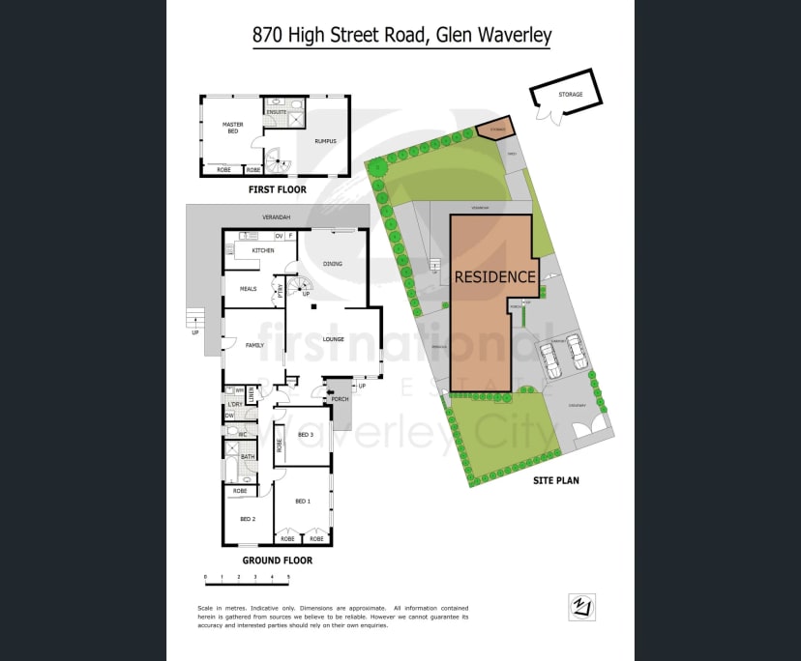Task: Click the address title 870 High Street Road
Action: click(x=400, y=36)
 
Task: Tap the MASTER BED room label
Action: click(x=232, y=128)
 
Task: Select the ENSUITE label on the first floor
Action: click(x=277, y=112)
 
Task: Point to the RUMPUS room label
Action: click(x=325, y=141)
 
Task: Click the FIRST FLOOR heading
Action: click(x=277, y=189)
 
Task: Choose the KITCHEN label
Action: click(x=263, y=250)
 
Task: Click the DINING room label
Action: click(x=332, y=263)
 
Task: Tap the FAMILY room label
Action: click(x=255, y=344)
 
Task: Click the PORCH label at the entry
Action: click(x=340, y=398)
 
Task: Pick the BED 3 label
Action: click(x=306, y=435)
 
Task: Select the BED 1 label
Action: click(x=303, y=501)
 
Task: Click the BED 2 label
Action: click(x=248, y=519)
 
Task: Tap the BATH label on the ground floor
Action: click(x=248, y=457)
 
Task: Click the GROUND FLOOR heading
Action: click(x=277, y=560)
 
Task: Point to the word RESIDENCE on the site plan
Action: click(x=494, y=276)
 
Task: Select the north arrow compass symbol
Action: click(x=581, y=607)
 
